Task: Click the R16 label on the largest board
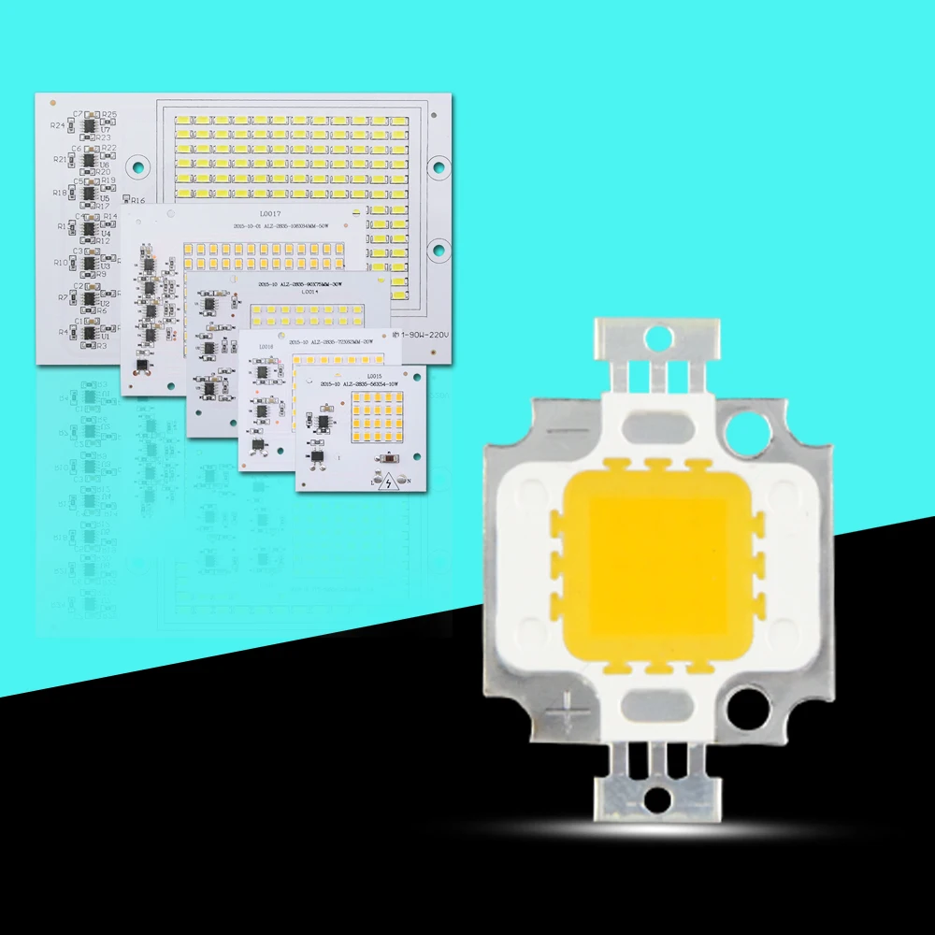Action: click(137, 200)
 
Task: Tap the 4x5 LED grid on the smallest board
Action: click(380, 418)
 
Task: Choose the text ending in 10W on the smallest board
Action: click(360, 384)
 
